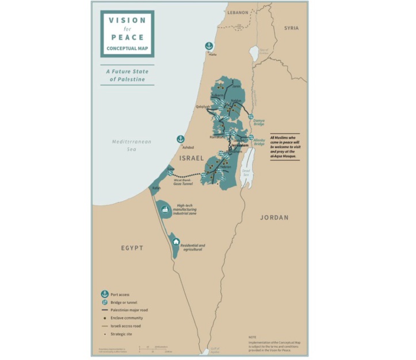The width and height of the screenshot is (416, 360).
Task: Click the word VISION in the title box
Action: click(x=127, y=20)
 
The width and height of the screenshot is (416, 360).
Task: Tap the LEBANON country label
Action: click(x=237, y=12)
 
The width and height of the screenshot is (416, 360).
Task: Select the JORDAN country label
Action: click(x=274, y=217)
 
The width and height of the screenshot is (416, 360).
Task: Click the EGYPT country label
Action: click(x=131, y=248)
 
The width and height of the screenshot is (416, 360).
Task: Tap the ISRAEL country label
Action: click(x=192, y=157)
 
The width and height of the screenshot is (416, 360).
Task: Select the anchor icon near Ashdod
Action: click(x=180, y=139)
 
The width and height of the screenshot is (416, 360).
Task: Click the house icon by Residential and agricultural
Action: click(x=176, y=242)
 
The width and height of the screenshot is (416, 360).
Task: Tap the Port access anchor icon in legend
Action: click(x=104, y=294)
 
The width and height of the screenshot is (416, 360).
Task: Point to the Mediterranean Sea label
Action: click(x=131, y=145)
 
